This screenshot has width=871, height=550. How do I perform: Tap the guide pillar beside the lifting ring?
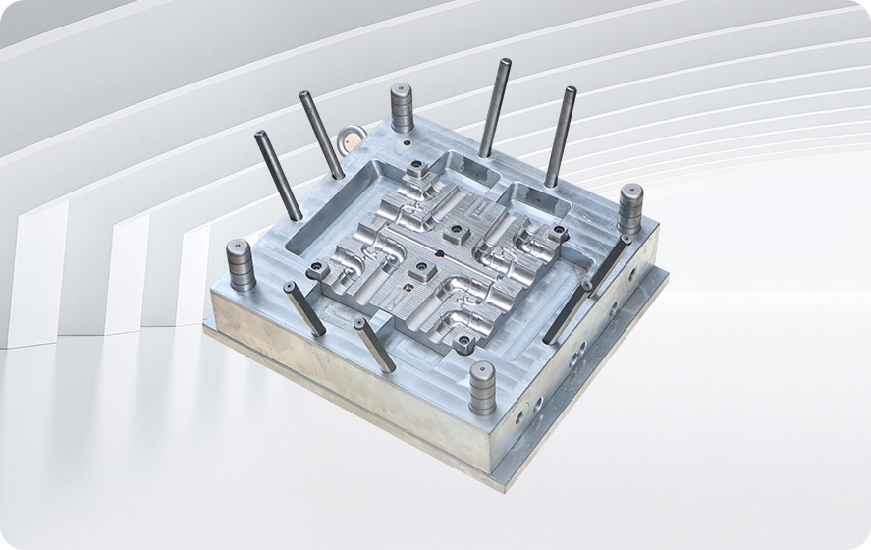(x=402, y=107)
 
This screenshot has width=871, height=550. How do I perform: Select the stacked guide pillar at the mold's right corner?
(x=629, y=208)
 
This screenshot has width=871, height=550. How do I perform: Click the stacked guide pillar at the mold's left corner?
(x=240, y=264)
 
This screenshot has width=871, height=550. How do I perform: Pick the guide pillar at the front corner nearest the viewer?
(x=482, y=387)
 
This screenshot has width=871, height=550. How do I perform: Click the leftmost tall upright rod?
(x=278, y=175)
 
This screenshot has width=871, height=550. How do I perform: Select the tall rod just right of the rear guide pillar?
(x=495, y=107)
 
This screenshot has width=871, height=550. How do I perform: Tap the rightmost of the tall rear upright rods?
(x=561, y=136)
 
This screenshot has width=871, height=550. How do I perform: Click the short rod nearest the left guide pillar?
(x=304, y=307)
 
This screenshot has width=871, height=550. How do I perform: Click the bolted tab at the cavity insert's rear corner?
(x=416, y=170)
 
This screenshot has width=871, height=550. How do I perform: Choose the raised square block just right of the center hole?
(x=455, y=236)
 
